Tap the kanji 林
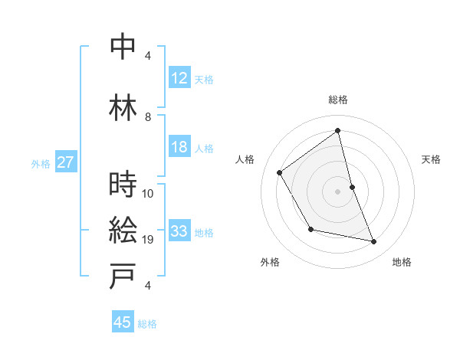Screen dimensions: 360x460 point(123,106)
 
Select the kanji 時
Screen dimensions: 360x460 point(123,184)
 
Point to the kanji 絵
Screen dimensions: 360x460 point(123,230)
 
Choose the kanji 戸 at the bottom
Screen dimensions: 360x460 point(123,276)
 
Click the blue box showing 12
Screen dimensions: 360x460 point(179,79)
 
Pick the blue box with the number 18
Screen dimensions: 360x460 point(179,148)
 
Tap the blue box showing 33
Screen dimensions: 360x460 point(179,232)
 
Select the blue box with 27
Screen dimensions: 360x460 point(65,163)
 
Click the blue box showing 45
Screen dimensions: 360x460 point(123,322)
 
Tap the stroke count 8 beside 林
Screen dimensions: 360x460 point(148,117)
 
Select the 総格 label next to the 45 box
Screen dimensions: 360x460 point(147,324)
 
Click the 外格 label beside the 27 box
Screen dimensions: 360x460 point(41,164)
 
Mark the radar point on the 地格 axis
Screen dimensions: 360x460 point(374,242)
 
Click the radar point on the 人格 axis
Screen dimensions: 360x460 point(280,172)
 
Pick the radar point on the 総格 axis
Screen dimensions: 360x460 point(338,130)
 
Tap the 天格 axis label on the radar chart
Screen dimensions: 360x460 point(431,159)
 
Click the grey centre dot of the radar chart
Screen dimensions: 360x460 point(338,190)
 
